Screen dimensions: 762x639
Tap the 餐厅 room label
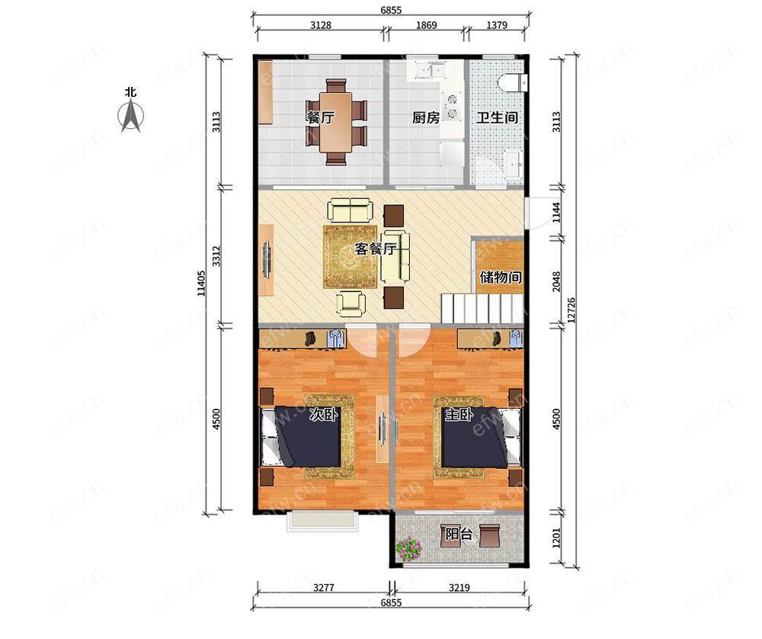[x=320, y=117]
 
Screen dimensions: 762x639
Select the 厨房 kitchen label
[x=426, y=117]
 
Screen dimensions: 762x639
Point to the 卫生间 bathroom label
[x=497, y=117]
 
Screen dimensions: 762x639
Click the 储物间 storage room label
[x=501, y=277]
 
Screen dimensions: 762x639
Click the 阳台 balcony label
[x=459, y=534]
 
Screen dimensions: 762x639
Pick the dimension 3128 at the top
[x=321, y=25]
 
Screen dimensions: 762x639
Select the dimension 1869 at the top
[x=426, y=25]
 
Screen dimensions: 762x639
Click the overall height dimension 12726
[x=571, y=310]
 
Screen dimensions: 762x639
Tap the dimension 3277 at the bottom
[x=323, y=587]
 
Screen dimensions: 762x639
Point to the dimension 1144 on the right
[x=556, y=213]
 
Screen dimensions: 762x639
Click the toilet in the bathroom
[x=512, y=82]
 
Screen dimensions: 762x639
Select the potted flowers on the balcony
[x=410, y=548]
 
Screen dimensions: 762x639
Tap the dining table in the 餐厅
[x=336, y=122]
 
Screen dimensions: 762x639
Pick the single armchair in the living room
[x=351, y=302]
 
